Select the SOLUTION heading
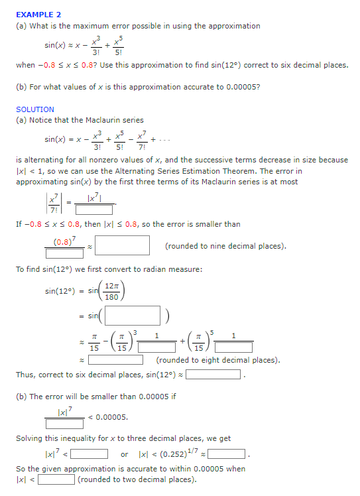tap(35, 109)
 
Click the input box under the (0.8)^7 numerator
tap(64, 253)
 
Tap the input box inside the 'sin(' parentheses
tap(132, 316)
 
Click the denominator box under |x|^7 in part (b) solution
tap(64, 424)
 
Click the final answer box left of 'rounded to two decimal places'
tap(56, 479)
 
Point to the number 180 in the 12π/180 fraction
tap(112, 296)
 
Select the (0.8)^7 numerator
tap(64, 240)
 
